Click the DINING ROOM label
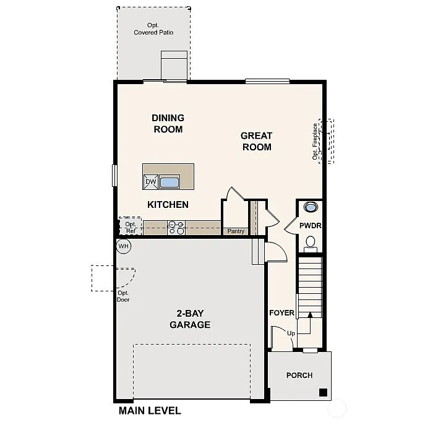pos(168,124)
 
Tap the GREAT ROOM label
pos(257,141)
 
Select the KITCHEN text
pos(168,205)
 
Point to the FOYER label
pos(281,313)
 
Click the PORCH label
pos(299,375)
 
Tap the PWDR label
pos(311,226)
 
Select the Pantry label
pos(236,231)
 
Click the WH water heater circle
pos(123,246)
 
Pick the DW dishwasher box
pos(151,181)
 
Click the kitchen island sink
pos(170,182)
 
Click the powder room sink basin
pos(310,207)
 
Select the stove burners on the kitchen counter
pos(176,228)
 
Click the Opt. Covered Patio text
pos(153,29)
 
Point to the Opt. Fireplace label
pos(316,142)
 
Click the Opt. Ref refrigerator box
pos(131,227)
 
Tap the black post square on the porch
pos(323,392)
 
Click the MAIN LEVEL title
pos(150,411)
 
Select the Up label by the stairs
pos(290,333)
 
